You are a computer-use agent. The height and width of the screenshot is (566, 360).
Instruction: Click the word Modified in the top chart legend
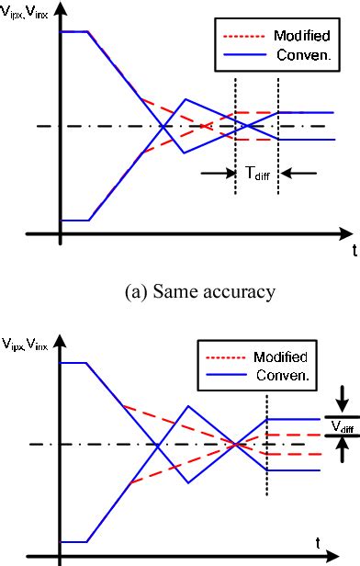pyautogui.click(x=297, y=37)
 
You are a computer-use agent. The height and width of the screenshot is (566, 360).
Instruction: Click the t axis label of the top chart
pyautogui.click(x=353, y=250)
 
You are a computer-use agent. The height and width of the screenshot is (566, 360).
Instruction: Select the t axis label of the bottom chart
pyautogui.click(x=318, y=542)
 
